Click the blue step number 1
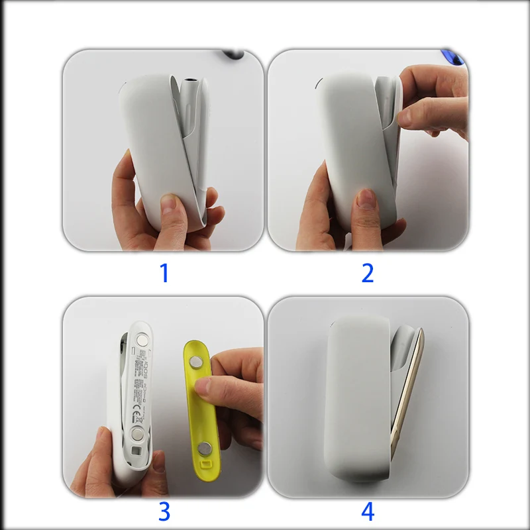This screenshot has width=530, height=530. tap(164, 272)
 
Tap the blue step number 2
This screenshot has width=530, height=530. tap(368, 272)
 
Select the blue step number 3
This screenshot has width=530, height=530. tap(164, 511)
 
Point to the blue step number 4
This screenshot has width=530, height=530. tap(368, 511)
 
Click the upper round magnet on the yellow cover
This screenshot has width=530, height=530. tap(198, 362)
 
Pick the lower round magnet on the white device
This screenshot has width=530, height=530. tap(138, 434)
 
